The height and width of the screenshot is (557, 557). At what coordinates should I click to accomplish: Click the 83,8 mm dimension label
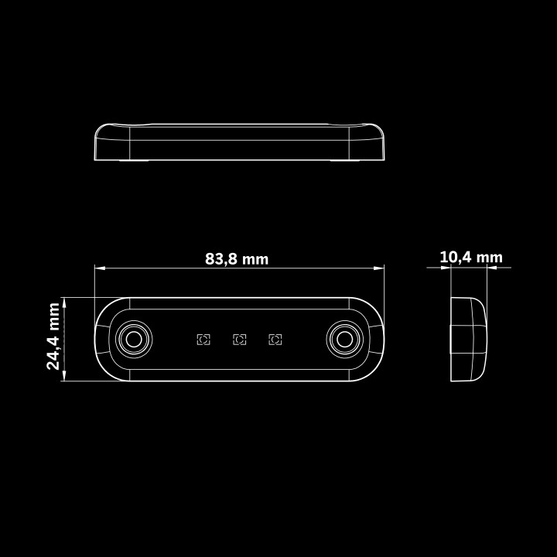[237, 259]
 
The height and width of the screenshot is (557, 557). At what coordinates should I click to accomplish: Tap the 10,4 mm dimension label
[471, 257]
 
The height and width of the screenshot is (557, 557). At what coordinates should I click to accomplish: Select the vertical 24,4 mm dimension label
[53, 336]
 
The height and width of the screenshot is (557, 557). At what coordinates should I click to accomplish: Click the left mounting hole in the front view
[134, 340]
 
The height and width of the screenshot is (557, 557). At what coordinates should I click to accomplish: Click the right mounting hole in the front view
[344, 340]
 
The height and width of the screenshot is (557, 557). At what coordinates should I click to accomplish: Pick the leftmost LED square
[203, 340]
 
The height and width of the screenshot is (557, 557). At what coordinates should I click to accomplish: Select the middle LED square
[239, 340]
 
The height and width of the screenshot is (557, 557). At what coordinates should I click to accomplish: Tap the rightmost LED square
[275, 340]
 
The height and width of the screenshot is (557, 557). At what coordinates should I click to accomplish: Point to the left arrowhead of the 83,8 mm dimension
[100, 268]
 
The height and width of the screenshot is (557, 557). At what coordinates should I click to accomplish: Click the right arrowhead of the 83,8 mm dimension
[378, 268]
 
